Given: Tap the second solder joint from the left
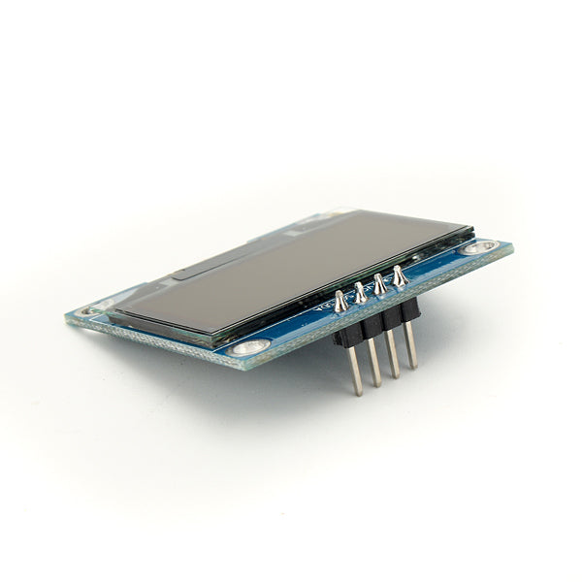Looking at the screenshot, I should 361,291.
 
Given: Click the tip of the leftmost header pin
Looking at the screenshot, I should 358,392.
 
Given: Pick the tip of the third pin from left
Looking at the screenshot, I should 395,375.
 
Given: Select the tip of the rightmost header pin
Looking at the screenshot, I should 413,367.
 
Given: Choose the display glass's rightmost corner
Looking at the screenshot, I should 473,231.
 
